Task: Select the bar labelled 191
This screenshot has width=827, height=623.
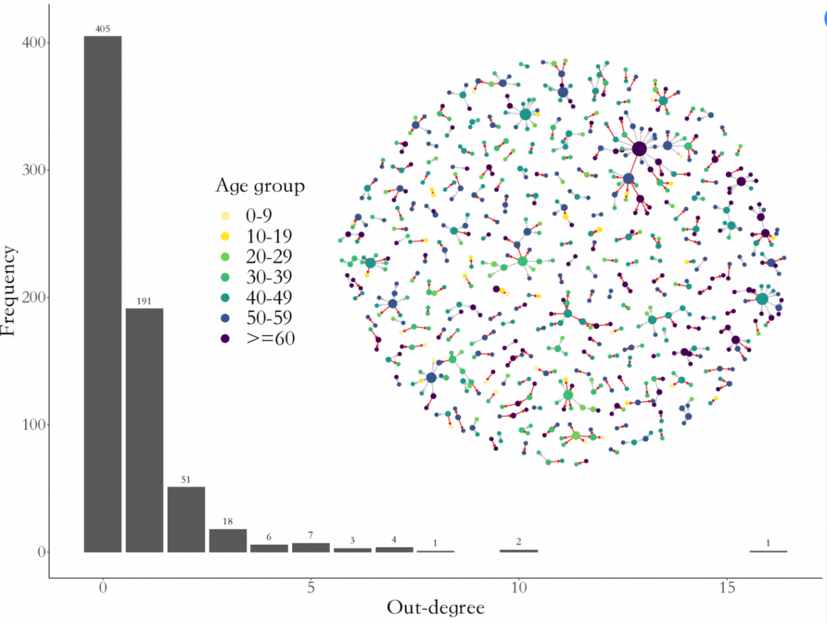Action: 144,430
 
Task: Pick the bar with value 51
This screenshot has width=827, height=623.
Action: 186,519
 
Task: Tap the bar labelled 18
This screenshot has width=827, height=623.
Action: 228,540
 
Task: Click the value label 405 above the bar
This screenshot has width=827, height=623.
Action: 102,29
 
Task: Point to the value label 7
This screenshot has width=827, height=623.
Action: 311,535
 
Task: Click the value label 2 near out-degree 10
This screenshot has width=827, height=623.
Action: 518,542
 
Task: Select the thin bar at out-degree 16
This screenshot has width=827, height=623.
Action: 768,551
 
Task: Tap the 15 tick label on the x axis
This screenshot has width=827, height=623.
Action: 727,589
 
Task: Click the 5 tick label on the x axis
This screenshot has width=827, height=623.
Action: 311,589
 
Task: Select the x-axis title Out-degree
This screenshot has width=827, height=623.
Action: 435,608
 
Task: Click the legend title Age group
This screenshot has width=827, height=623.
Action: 260,186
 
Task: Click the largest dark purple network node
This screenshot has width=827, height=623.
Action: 639,149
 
